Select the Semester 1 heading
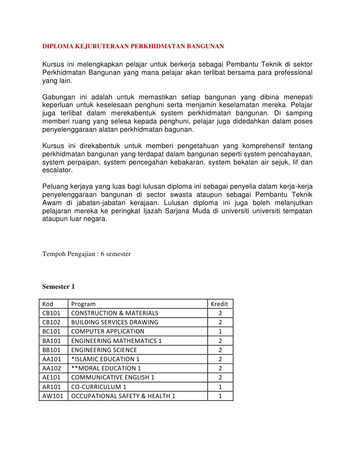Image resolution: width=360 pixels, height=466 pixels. click(x=58, y=287)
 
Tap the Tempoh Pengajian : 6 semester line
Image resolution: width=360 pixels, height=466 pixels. click(x=86, y=254)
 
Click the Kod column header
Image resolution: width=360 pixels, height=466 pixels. click(x=48, y=304)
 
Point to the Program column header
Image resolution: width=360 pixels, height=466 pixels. click(x=83, y=304)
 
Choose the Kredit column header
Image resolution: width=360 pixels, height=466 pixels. click(x=219, y=304)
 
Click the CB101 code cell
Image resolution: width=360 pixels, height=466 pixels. click(x=51, y=313)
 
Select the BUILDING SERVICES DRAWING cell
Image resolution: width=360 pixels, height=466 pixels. click(x=115, y=322)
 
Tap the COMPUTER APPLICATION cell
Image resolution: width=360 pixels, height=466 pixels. click(x=108, y=331)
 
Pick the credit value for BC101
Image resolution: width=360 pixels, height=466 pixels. click(x=220, y=331)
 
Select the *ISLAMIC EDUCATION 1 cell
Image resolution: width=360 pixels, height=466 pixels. click(x=106, y=359)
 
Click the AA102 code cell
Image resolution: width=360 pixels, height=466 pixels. click(x=51, y=368)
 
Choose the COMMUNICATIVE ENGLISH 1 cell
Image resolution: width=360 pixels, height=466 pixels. click(x=113, y=377)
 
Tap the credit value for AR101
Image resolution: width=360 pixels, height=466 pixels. click(x=220, y=387)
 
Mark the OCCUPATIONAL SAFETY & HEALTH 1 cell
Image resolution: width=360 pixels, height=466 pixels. click(x=123, y=396)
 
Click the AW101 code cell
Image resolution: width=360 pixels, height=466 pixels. click(x=52, y=396)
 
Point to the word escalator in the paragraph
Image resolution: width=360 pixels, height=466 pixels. click(x=57, y=170)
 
